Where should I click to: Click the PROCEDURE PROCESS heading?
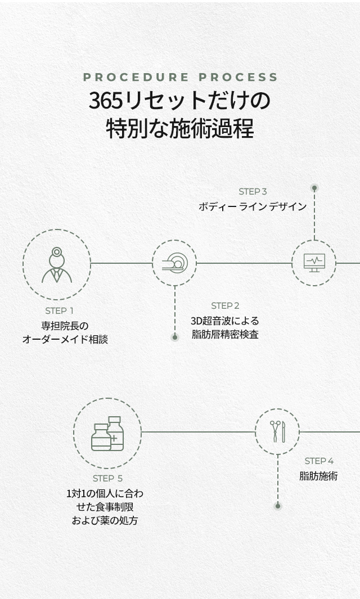click(180, 77)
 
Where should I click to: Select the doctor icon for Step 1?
click(57, 264)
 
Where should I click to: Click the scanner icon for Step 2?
click(174, 263)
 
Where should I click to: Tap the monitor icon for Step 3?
click(314, 263)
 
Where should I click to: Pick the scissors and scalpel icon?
click(277, 431)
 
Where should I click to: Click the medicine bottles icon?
click(107, 433)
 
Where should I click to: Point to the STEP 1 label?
click(60, 310)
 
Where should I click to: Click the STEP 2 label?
click(225, 305)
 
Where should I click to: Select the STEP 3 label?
click(253, 191)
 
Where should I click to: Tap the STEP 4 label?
click(319, 461)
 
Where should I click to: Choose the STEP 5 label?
click(107, 478)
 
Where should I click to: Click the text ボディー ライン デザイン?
click(253, 206)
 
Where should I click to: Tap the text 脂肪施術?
click(318, 476)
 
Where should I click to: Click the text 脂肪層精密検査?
click(225, 335)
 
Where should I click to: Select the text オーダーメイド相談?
click(65, 339)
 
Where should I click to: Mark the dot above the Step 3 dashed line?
click(314, 188)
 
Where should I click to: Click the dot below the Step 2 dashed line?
click(175, 337)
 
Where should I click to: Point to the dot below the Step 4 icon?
click(277, 506)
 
